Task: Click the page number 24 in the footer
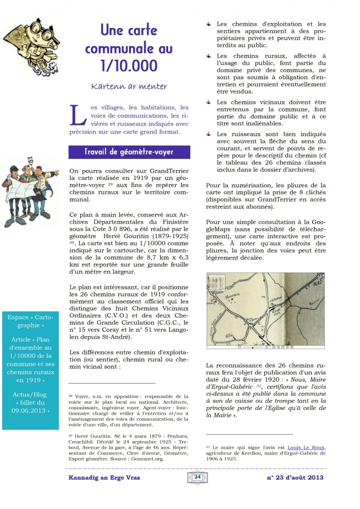pos(197,477)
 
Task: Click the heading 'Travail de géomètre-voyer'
pos(129,152)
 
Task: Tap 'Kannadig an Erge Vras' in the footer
pos(104,478)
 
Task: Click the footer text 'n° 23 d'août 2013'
pos(295,478)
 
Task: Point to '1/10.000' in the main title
pos(129,66)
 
